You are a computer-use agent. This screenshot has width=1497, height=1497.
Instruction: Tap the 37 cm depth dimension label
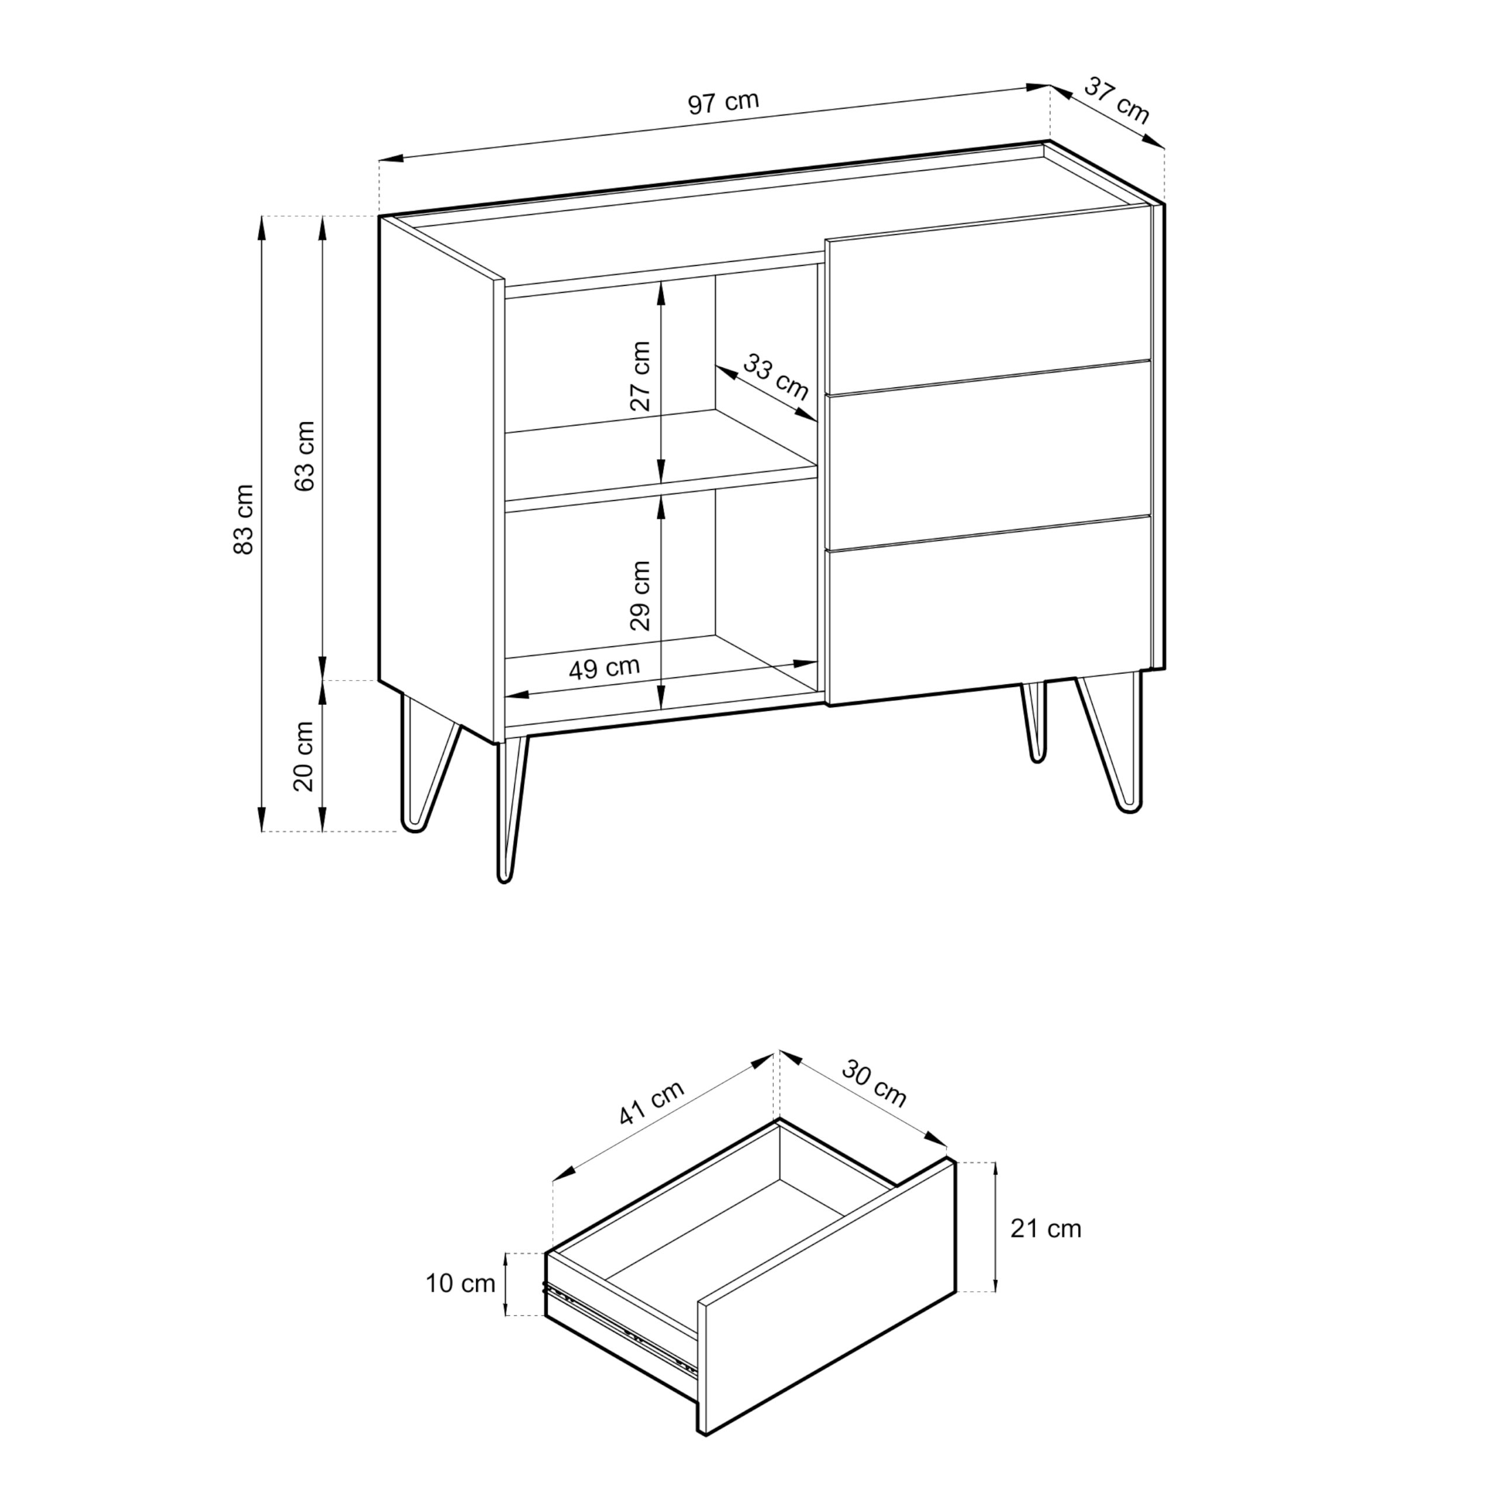tap(1116, 100)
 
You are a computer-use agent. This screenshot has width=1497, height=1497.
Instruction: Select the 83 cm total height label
tap(243, 519)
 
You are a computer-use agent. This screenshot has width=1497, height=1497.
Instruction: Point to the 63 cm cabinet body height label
tap(305, 456)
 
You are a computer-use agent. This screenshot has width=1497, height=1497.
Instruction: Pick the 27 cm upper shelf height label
tap(640, 376)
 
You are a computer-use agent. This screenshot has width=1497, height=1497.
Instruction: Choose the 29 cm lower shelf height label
tap(640, 596)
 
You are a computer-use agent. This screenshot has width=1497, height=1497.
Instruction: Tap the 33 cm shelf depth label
tap(775, 377)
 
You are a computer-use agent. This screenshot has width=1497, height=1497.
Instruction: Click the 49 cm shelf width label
tap(605, 668)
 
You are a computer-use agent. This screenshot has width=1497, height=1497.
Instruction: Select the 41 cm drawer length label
tap(651, 1103)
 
